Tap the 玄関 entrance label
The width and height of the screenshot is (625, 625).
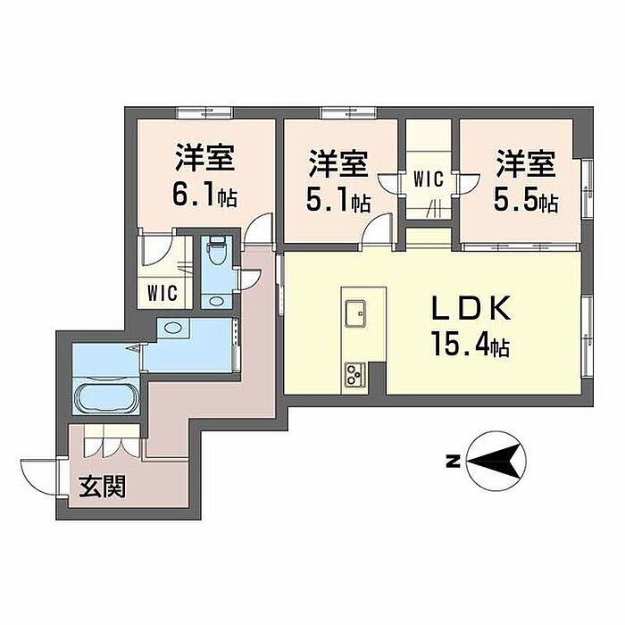[x=102, y=487]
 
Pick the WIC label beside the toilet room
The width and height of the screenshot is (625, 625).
[x=162, y=292]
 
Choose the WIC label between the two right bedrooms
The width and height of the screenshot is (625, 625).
[x=429, y=179]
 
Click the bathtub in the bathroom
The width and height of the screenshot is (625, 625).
[x=106, y=396]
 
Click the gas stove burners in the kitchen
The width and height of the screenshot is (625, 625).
[x=355, y=371]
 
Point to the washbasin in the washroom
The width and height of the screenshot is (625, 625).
[x=173, y=328]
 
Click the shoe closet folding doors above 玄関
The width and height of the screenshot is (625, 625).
[x=107, y=441]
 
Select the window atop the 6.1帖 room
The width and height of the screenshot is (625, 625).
[x=204, y=112]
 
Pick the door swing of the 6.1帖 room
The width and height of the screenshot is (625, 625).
[x=259, y=230]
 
